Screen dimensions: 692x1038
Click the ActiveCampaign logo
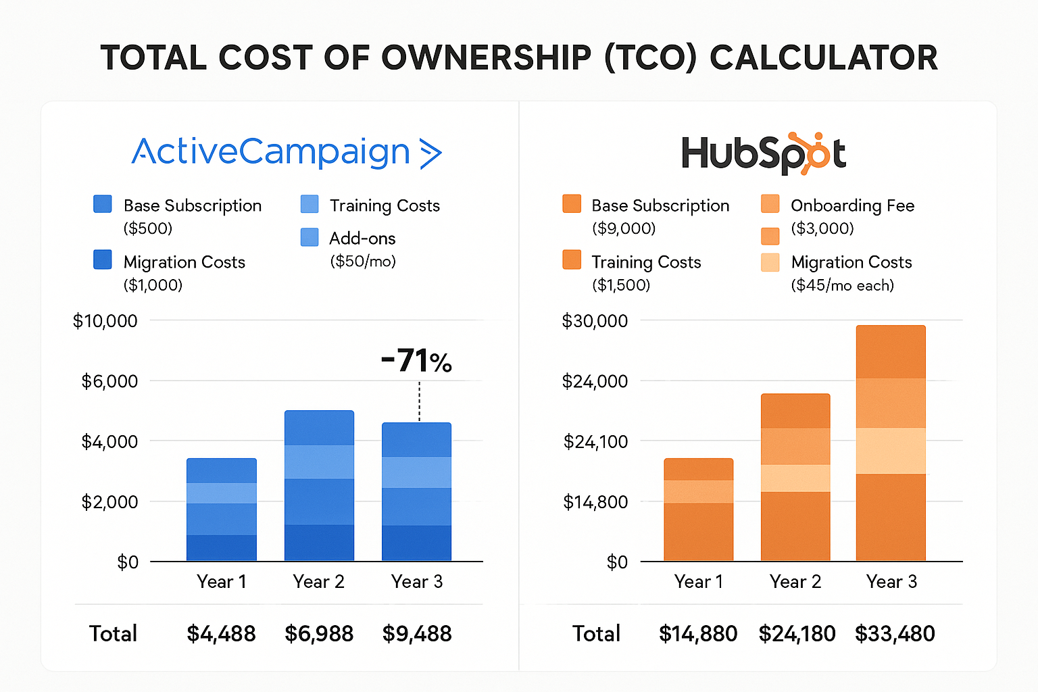[x=287, y=152]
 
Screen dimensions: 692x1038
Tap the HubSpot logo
[x=763, y=153]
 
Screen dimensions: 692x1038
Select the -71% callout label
[x=416, y=361]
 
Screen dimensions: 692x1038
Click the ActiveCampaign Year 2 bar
[x=319, y=485]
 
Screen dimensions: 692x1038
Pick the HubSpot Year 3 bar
[x=891, y=443]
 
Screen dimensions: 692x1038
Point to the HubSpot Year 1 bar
[x=698, y=510]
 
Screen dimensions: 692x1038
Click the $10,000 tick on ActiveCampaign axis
[x=105, y=321]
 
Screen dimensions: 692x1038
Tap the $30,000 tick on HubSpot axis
[x=595, y=321]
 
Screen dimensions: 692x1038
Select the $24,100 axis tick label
[x=595, y=442]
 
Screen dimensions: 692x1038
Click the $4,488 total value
[x=221, y=634]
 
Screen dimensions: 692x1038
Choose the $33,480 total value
[x=895, y=634]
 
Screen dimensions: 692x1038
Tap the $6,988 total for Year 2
[x=319, y=634]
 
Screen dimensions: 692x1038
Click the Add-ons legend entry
[x=362, y=239]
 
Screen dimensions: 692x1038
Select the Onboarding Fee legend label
[x=852, y=205]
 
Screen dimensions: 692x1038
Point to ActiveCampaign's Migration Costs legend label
[x=184, y=262]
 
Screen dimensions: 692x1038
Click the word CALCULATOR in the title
[x=824, y=57]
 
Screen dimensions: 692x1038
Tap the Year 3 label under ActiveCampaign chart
[x=417, y=582]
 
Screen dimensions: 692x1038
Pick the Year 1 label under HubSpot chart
[x=699, y=582]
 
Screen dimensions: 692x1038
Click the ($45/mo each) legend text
[x=842, y=285]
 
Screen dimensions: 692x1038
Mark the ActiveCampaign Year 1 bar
[x=222, y=510]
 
